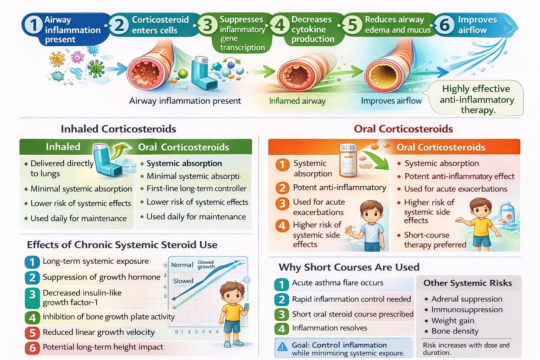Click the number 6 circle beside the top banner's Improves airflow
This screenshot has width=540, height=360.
click(x=445, y=25)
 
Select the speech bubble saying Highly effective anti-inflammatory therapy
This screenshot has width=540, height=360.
click(x=476, y=99)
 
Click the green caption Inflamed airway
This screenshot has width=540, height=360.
click(x=297, y=101)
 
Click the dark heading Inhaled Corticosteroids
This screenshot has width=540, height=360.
click(x=118, y=129)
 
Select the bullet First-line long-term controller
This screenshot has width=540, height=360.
click(x=196, y=189)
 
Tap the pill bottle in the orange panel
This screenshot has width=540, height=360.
click(x=348, y=160)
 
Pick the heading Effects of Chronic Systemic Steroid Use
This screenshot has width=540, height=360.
click(x=122, y=245)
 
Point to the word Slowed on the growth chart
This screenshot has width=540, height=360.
click(x=183, y=281)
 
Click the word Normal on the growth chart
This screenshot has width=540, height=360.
click(x=182, y=265)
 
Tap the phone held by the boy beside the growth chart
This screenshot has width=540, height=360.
click(x=246, y=307)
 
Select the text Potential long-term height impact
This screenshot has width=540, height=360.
click(x=103, y=347)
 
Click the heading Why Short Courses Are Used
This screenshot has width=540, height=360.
click(x=349, y=267)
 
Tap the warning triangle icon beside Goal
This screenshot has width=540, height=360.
click(x=282, y=347)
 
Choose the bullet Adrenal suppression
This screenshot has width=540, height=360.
click(x=467, y=299)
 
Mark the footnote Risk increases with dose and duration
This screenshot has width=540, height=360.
click(x=466, y=349)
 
